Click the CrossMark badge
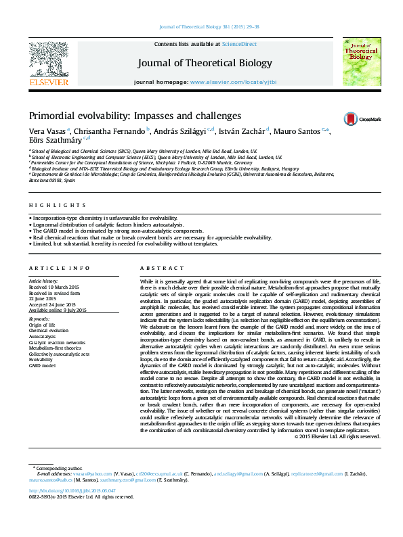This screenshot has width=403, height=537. click(361, 118)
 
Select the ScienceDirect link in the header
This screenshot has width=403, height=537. click(240, 43)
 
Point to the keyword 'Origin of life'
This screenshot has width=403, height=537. click(42, 325)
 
